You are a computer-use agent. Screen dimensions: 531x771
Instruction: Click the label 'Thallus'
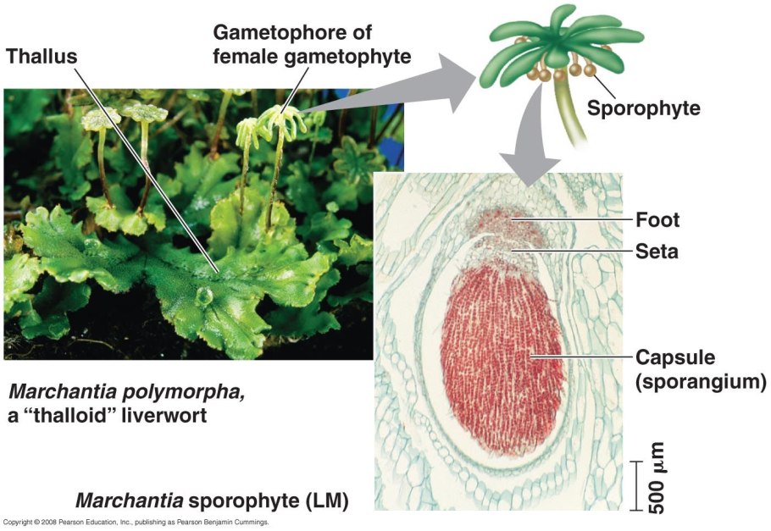(42, 57)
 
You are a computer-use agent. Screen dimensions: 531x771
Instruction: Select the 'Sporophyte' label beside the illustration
(644, 108)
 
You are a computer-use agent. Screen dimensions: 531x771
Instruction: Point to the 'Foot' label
(657, 220)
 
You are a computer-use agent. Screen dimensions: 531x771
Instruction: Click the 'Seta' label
(657, 252)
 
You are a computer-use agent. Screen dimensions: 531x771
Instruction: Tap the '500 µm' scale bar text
(656, 478)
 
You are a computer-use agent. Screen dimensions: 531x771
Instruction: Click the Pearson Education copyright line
(136, 523)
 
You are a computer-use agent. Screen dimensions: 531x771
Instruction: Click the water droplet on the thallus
(203, 296)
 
